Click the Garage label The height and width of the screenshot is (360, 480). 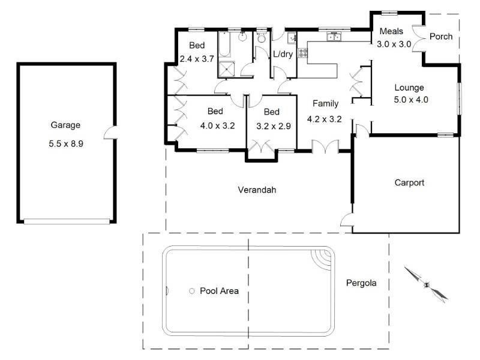[x=65, y=125]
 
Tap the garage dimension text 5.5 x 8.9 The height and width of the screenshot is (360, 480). [x=65, y=144]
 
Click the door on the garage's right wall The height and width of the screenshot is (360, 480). [x=110, y=133]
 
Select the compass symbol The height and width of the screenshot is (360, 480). [x=426, y=285]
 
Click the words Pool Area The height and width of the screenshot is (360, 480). [x=219, y=291]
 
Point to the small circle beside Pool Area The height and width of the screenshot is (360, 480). [x=191, y=291]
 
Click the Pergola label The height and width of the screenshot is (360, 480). [x=361, y=283]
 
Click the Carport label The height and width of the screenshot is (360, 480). [x=409, y=182]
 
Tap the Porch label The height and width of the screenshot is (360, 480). [x=441, y=37]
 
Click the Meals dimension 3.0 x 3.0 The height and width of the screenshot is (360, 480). [x=394, y=44]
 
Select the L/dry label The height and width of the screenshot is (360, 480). [x=283, y=54]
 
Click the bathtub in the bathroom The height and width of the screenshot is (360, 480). [x=227, y=45]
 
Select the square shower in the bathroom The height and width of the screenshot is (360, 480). [x=227, y=69]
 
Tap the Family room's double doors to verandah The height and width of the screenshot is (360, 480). [x=325, y=146]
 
